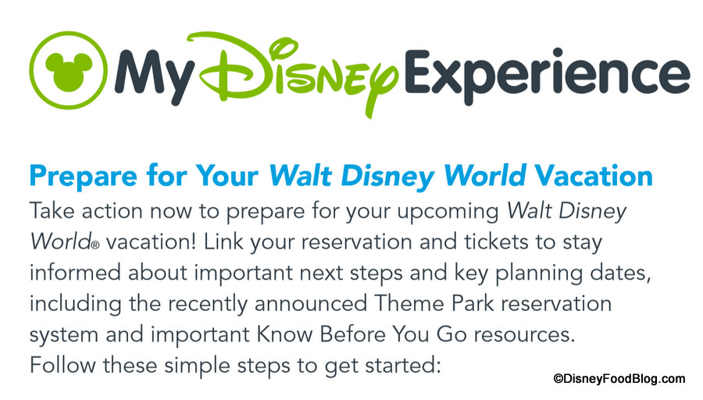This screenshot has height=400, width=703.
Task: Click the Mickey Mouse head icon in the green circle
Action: point(69,70)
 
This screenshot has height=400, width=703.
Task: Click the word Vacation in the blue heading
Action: point(593,175)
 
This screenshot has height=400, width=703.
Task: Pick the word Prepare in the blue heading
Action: point(83,177)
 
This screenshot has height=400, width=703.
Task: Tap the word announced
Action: point(311,304)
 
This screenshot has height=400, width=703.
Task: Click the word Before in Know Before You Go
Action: point(352,334)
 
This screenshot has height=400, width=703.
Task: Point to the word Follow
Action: point(62,365)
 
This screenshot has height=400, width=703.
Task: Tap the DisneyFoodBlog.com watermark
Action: point(619,379)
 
